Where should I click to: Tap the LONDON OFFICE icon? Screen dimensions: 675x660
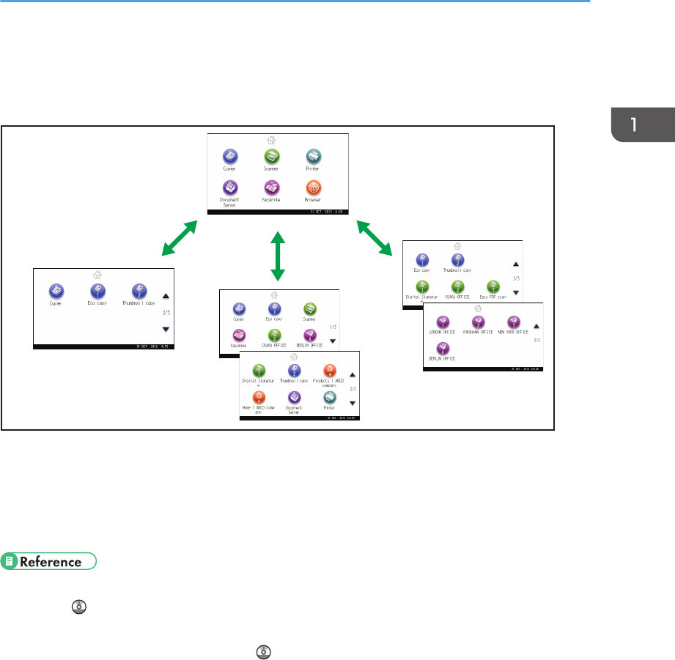tap(442, 322)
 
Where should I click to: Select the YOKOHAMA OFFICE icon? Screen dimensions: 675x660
tap(477, 322)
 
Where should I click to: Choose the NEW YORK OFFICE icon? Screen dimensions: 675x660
tap(513, 322)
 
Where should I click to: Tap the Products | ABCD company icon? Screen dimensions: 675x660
tap(329, 372)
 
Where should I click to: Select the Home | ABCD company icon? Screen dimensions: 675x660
tap(259, 398)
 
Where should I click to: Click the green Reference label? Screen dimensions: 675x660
tap(51, 563)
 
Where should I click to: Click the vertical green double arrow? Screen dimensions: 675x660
tap(277, 256)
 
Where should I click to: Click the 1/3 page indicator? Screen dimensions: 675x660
tap(332, 327)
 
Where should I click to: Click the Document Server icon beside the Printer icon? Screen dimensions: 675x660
tap(294, 398)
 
